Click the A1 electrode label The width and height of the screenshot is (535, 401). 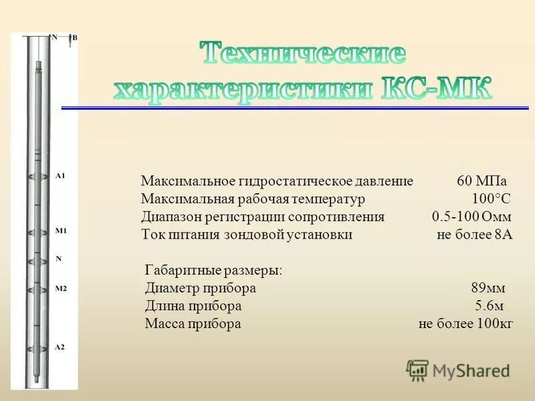[x=60, y=176]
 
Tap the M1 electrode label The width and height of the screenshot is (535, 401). [x=60, y=231]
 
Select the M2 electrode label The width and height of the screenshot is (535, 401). [x=60, y=289]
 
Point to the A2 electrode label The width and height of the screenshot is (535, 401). [x=60, y=347]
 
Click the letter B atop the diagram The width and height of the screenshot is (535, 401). [x=75, y=37]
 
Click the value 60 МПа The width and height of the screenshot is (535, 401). [x=481, y=182]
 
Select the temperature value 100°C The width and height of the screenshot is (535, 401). [x=491, y=199]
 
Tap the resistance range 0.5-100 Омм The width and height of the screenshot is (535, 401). [x=471, y=217]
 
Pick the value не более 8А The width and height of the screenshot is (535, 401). [x=474, y=235]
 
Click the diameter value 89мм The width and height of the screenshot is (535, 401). [x=488, y=289]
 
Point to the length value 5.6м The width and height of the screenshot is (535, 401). [x=489, y=306]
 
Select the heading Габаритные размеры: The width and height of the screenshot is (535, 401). [x=213, y=271]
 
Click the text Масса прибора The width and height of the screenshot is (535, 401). [x=193, y=324]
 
